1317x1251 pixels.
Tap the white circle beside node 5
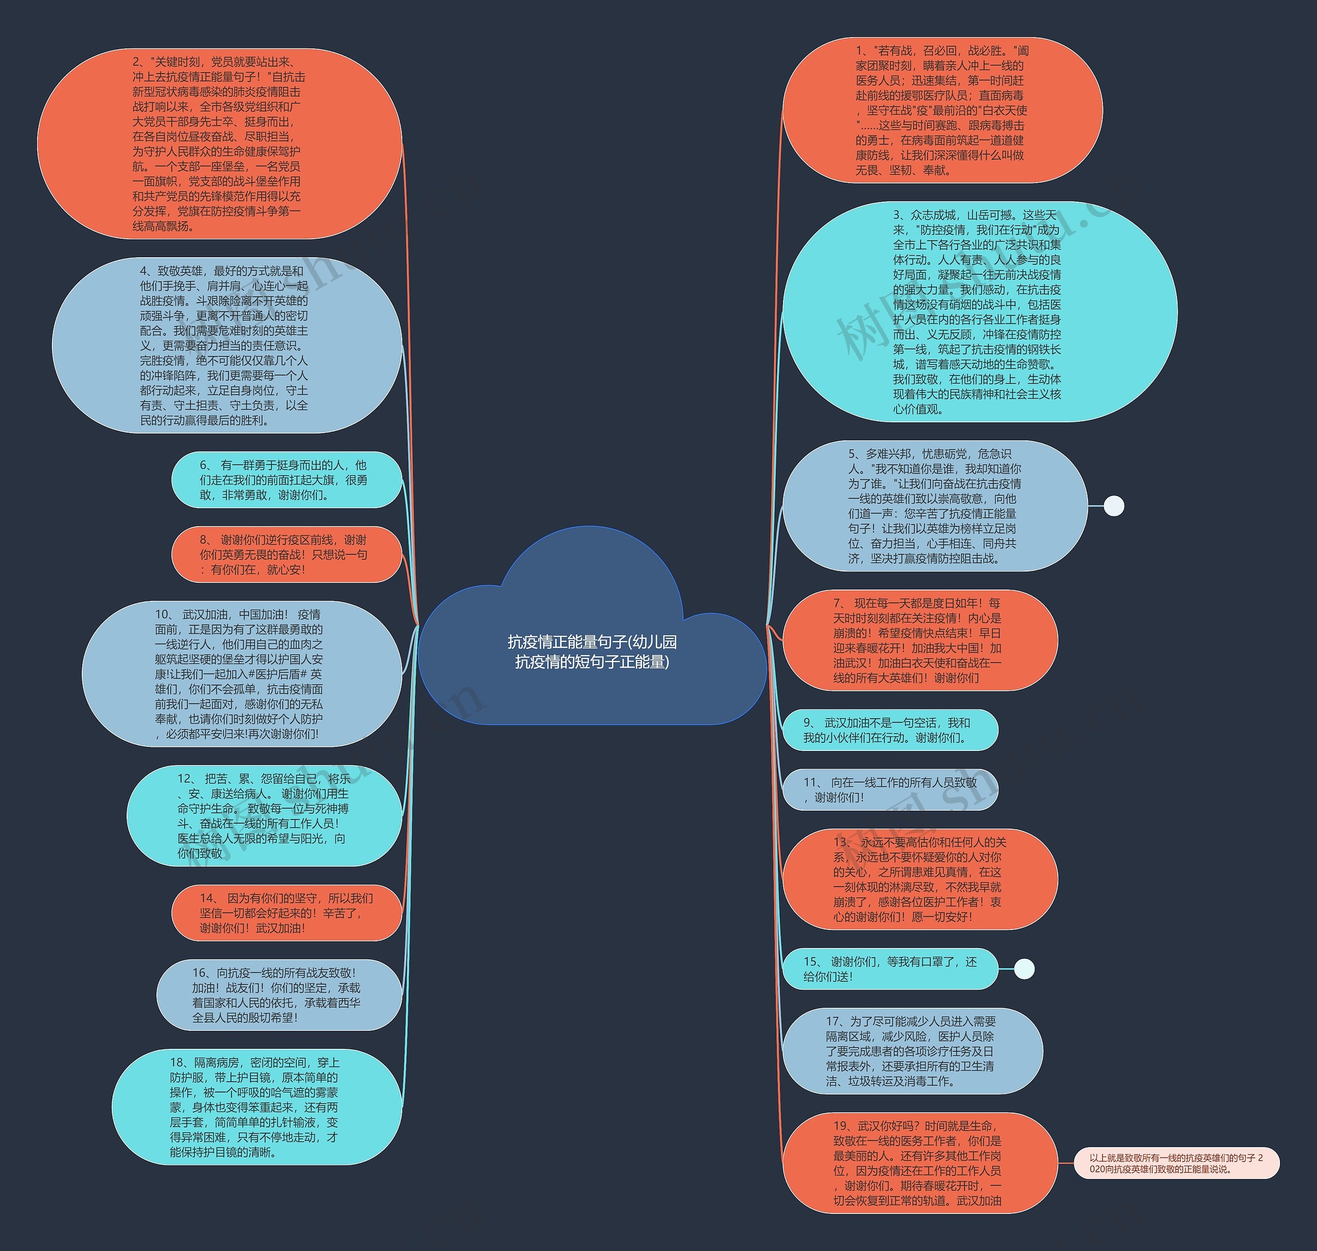[1114, 506]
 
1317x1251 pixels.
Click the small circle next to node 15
[1024, 969]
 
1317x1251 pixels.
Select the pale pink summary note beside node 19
[1177, 1164]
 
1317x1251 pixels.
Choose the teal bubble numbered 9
[889, 730]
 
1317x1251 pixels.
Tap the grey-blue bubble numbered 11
[889, 790]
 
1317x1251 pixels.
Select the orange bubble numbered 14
[287, 913]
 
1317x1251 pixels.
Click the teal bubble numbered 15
[889, 969]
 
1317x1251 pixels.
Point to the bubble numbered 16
[279, 995]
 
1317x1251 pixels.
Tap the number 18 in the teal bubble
[176, 1062]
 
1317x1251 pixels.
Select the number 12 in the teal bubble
[185, 778]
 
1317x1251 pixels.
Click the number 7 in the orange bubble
[837, 603]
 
